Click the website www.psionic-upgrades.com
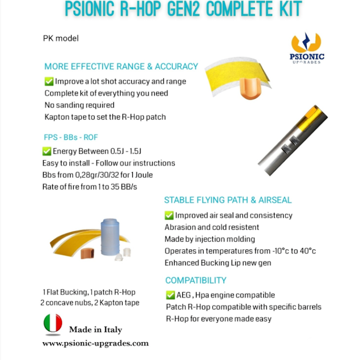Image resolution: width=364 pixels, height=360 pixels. [95, 343]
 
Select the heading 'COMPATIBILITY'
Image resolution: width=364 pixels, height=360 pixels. [196, 280]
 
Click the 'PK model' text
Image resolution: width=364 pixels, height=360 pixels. [61, 38]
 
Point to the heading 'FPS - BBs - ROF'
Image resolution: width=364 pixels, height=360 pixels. [71, 137]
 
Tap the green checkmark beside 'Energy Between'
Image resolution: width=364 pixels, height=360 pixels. [47, 151]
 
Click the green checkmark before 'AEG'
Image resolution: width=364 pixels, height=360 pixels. [169, 295]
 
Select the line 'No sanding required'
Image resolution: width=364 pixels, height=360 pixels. [80, 105]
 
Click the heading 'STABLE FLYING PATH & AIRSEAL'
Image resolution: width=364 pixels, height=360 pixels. [228, 200]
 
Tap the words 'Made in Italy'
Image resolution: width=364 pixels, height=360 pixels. [96, 330]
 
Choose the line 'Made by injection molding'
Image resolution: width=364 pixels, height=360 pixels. [210, 239]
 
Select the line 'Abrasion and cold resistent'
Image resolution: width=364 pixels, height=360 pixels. [212, 227]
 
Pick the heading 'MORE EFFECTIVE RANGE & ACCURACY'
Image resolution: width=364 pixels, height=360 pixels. [121, 66]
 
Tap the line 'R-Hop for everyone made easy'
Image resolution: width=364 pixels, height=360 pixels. [218, 319]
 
